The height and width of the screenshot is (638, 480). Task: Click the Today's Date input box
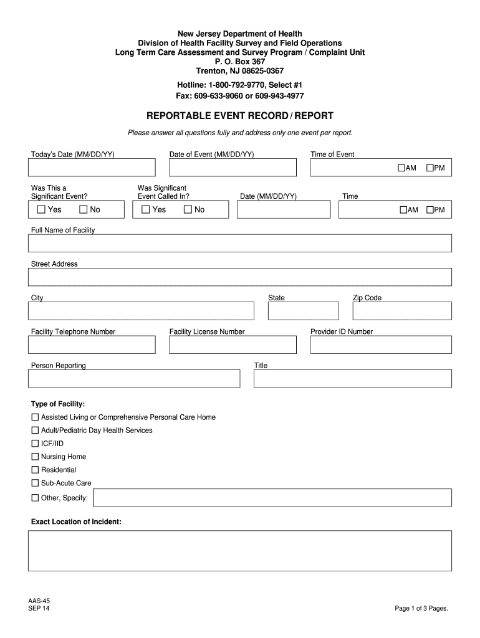click(x=92, y=168)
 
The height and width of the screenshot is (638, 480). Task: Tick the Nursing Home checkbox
click(x=35, y=457)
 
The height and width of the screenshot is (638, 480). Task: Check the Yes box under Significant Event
click(x=41, y=209)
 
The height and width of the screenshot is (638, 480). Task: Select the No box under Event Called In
click(x=188, y=209)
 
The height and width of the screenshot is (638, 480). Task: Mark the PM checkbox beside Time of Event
click(x=430, y=168)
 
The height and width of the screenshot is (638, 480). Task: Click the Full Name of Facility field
click(x=239, y=244)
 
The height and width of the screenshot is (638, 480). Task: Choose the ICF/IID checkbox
click(x=35, y=444)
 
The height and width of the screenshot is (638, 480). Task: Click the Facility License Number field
click(x=233, y=345)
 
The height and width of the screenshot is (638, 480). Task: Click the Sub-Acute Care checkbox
click(x=35, y=483)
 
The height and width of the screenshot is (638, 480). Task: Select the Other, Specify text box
click(x=272, y=498)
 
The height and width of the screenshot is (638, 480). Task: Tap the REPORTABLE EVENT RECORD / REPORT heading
click(x=240, y=116)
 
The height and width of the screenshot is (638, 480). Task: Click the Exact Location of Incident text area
click(x=239, y=551)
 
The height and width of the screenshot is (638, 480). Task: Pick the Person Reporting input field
click(x=134, y=378)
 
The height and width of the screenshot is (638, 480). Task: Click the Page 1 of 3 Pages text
click(x=421, y=609)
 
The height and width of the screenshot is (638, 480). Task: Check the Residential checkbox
click(x=35, y=470)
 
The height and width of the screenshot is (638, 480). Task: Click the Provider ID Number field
click(x=381, y=345)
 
